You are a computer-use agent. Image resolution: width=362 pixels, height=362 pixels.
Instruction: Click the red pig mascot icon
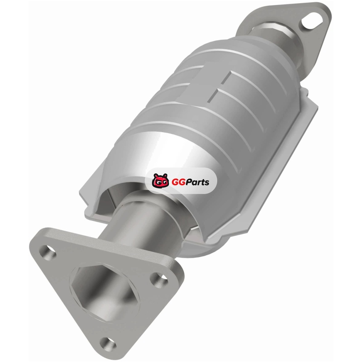(x=160, y=181)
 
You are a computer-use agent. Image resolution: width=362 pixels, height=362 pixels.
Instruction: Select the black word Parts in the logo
(x=197, y=182)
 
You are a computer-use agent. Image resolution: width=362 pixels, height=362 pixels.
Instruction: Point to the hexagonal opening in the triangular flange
(x=105, y=291)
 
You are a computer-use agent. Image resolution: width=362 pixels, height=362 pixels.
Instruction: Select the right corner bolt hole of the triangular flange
(x=160, y=280)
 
